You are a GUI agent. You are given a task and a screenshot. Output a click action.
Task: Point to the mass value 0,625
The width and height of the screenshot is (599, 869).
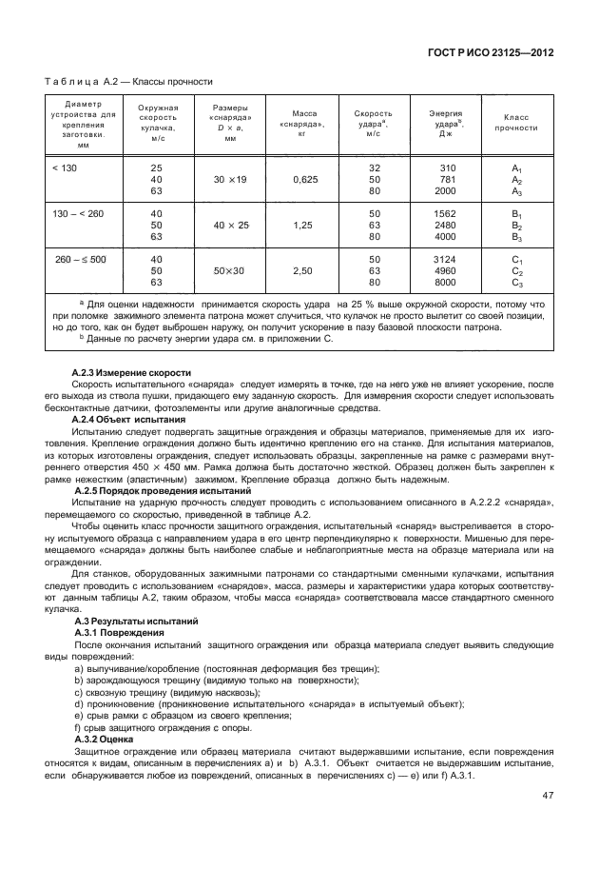coord(303,179)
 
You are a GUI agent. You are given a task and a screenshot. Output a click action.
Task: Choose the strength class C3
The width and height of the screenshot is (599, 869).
coord(517,283)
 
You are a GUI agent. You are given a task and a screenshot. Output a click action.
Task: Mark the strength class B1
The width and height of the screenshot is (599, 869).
coord(517,213)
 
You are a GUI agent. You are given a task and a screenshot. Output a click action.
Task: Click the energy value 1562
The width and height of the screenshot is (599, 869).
coord(445,213)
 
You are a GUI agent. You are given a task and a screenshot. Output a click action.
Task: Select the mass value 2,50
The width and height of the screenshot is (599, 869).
coord(303,271)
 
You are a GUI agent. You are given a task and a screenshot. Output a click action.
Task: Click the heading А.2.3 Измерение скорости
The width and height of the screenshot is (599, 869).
coord(132,371)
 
